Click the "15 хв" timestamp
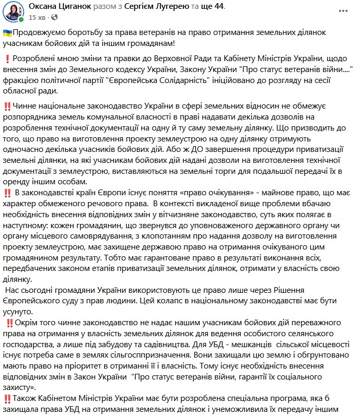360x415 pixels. tap(37, 17)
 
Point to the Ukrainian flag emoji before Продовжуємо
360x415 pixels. tap(7, 33)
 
